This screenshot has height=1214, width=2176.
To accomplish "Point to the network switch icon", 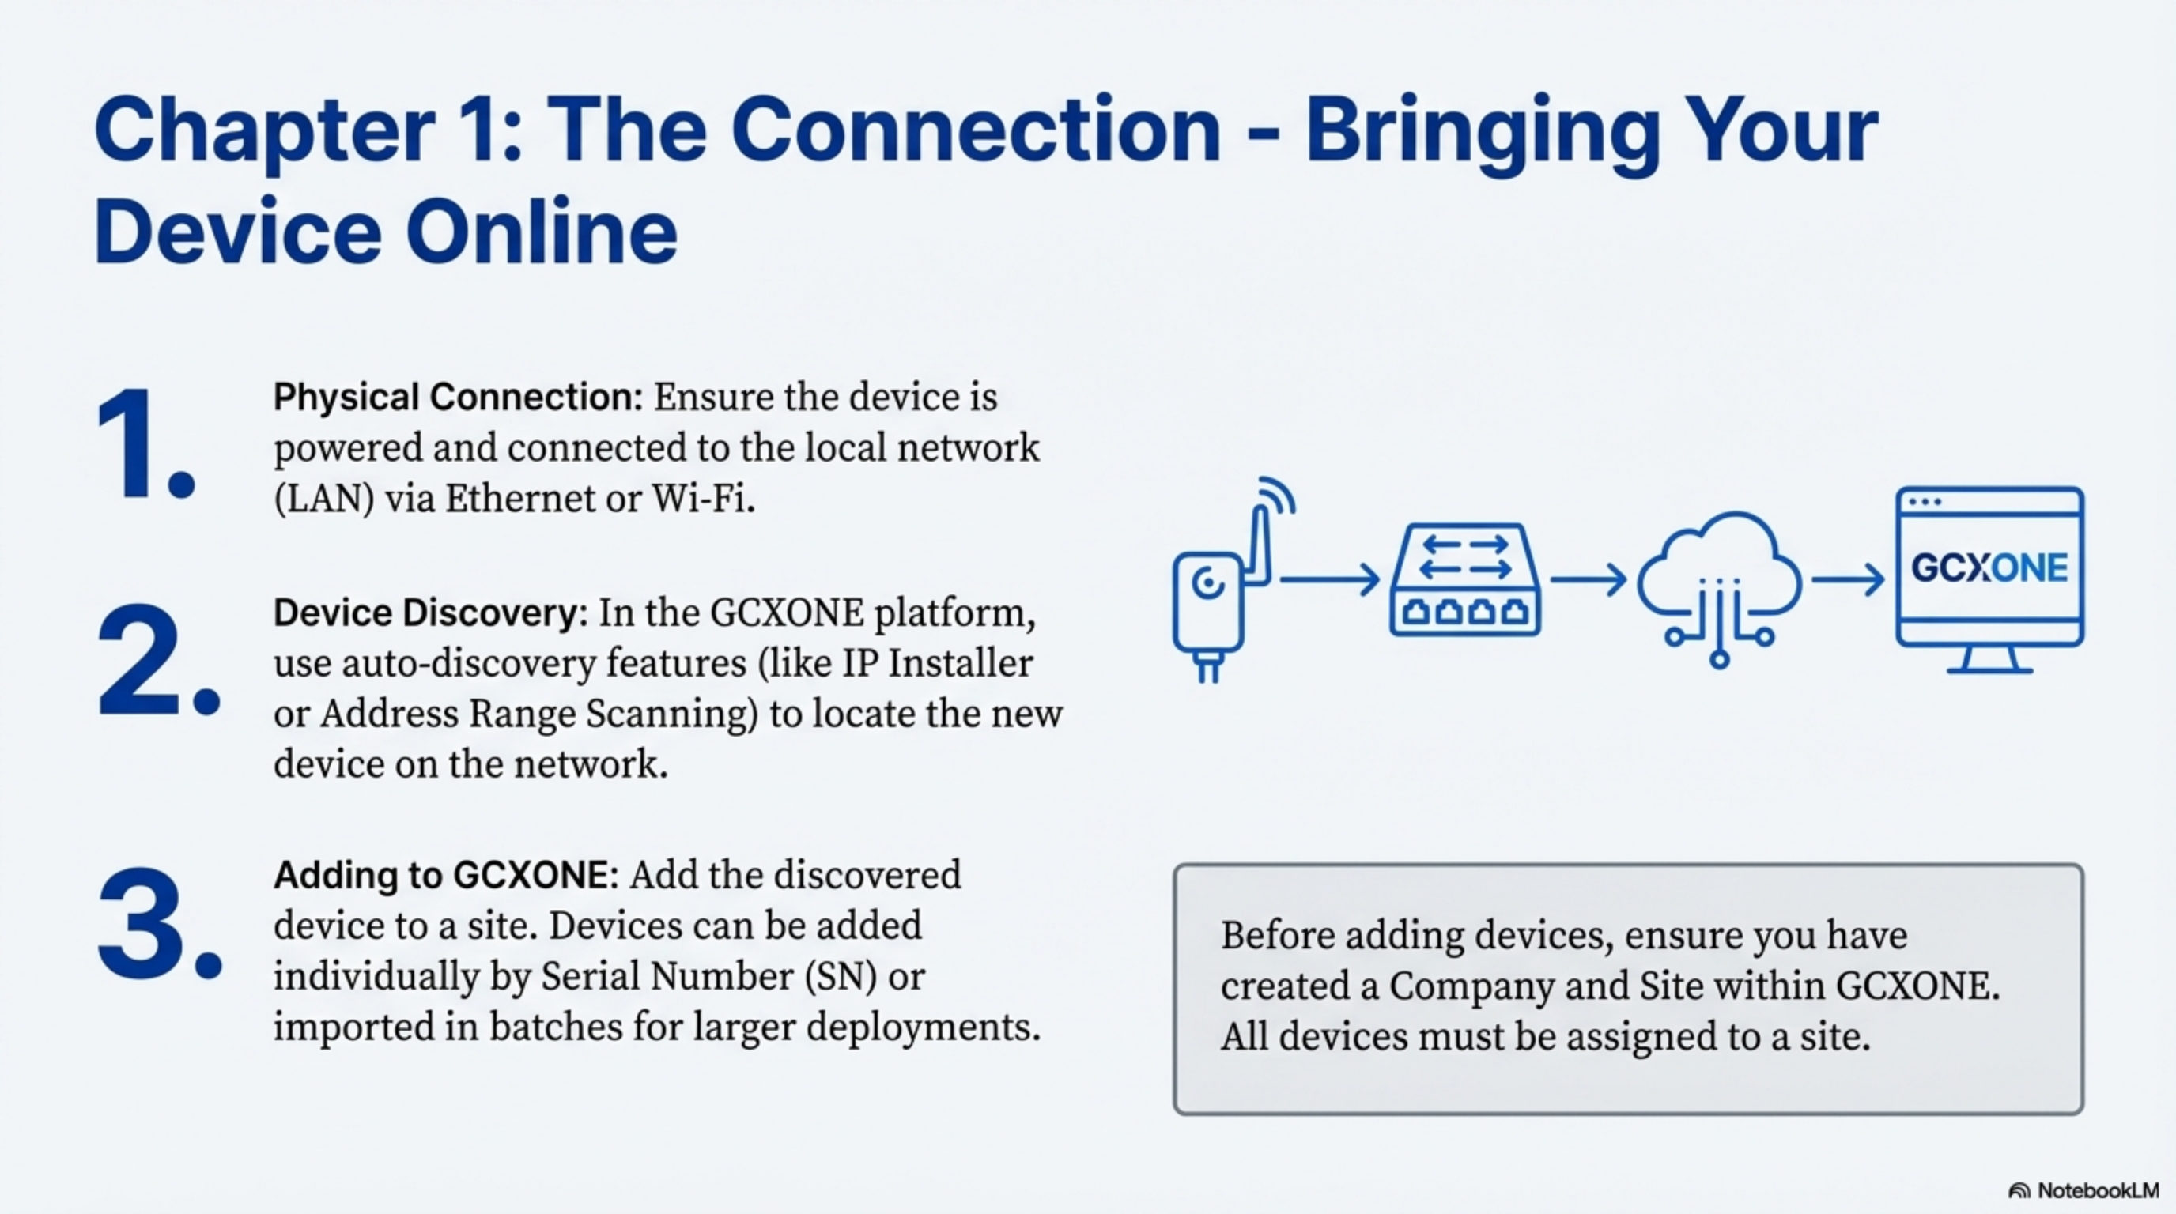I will tap(1464, 581).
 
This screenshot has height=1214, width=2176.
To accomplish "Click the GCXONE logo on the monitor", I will tap(1989, 568).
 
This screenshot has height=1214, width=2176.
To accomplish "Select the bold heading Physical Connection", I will tap(458, 398).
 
